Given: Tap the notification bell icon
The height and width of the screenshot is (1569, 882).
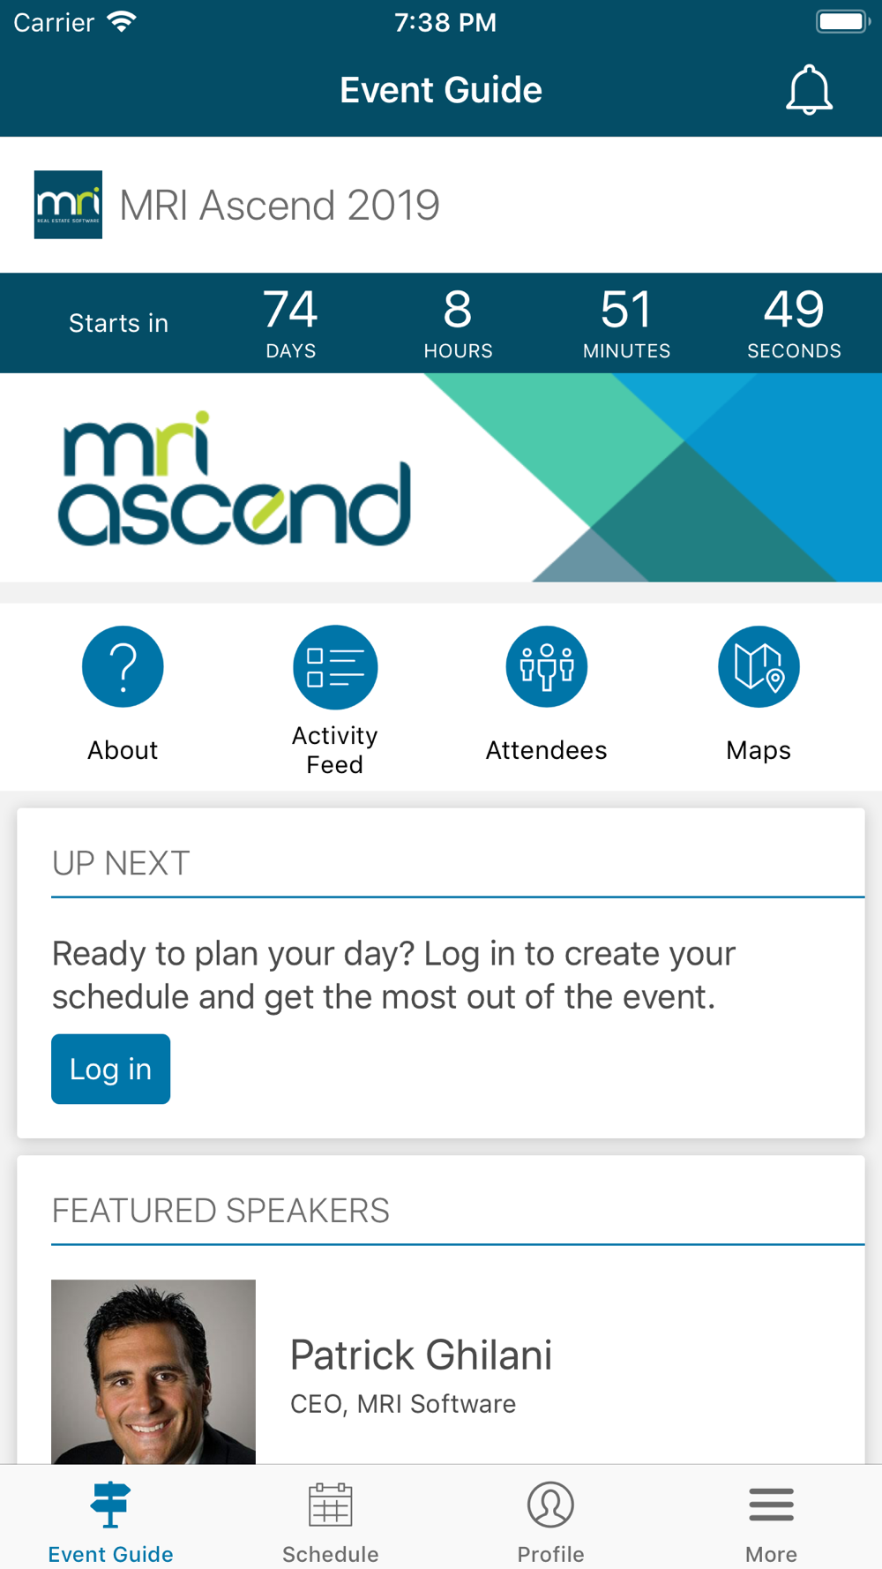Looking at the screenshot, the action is point(809,90).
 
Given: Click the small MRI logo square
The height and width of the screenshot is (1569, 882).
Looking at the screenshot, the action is point(68,205).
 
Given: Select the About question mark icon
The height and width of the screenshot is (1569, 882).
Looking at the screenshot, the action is point(123,666).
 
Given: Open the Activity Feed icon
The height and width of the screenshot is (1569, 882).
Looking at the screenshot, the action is point(335,667).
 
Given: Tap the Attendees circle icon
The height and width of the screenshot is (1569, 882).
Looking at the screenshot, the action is point(547,666).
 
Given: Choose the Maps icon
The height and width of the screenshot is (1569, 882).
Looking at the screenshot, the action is point(759,666).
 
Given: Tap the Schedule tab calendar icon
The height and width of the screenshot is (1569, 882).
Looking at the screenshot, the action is point(331,1505).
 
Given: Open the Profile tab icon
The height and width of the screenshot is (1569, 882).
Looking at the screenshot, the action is point(550,1505).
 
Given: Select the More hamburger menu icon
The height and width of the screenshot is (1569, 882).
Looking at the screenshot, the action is point(772,1505).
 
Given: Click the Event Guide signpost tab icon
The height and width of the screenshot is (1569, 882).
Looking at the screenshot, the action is point(110,1505).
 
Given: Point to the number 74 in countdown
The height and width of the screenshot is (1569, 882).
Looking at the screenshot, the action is point(290,310).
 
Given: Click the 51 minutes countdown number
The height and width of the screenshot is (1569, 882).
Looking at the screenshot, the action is point(626,310).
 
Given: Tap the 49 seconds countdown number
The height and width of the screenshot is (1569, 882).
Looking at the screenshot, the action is point(794,310).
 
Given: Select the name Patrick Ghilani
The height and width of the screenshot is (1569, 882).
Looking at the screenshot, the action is point(421,1355).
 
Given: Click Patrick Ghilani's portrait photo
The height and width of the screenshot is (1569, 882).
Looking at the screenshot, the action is point(153,1371).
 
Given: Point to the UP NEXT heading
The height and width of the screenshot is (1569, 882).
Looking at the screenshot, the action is point(121,863).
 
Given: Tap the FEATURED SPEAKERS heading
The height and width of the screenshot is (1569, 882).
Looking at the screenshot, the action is point(220,1211).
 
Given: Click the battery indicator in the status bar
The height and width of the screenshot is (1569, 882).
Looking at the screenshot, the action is point(843,21).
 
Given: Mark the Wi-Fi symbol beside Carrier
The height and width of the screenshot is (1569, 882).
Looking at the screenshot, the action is point(122,21).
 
